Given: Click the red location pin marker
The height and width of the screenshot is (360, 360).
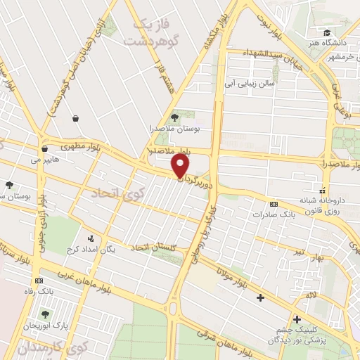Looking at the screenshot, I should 181,166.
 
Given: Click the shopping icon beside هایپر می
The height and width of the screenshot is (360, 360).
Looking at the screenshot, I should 45,148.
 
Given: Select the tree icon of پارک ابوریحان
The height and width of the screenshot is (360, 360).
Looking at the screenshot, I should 46,314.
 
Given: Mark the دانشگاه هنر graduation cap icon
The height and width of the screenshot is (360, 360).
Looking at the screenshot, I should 326,32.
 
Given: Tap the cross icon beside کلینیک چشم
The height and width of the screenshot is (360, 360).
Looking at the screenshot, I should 295,319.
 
